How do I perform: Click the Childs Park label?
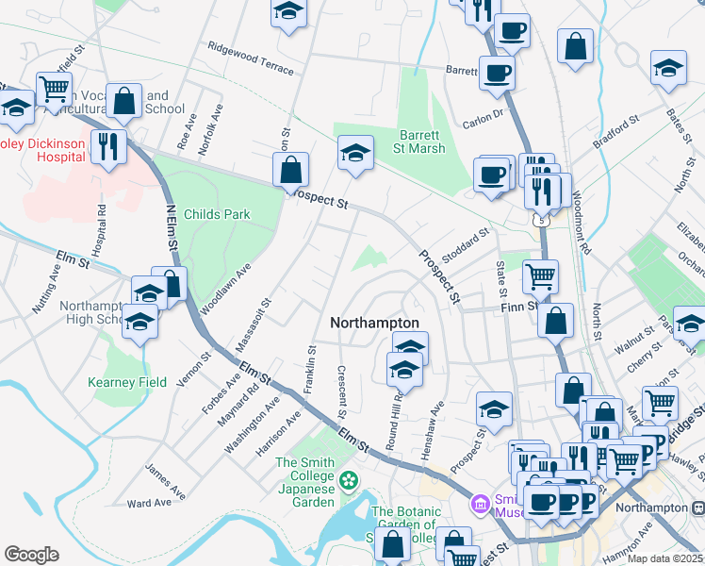pyautogui.click(x=218, y=214)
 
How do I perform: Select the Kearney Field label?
pyautogui.click(x=126, y=382)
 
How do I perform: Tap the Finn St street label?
pyautogui.click(x=518, y=306)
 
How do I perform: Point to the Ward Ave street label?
pyautogui.click(x=150, y=503)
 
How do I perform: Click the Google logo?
pyautogui.click(x=31, y=554)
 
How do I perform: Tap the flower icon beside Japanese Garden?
pyautogui.click(x=350, y=480)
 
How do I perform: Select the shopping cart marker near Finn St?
pyautogui.click(x=540, y=276)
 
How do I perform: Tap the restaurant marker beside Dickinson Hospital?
pyautogui.click(x=110, y=145)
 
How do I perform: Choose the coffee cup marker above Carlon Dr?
pyautogui.click(x=497, y=72)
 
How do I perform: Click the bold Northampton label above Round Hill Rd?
pyautogui.click(x=374, y=323)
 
